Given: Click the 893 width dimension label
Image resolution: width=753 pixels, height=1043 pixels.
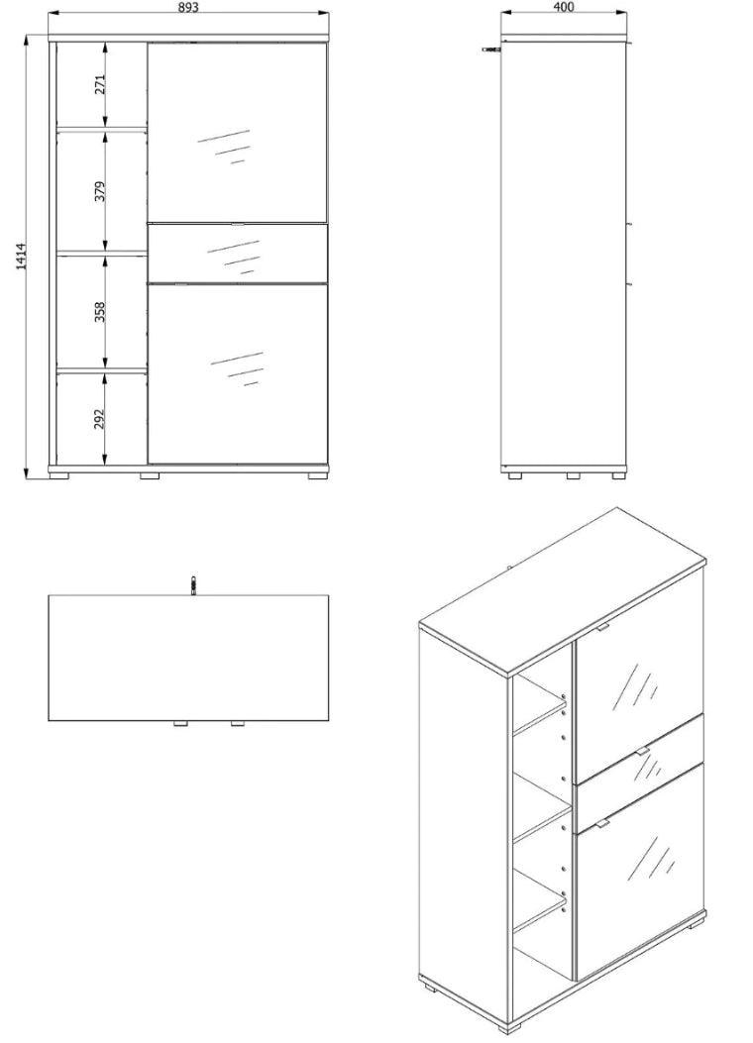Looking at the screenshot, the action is pos(189,7).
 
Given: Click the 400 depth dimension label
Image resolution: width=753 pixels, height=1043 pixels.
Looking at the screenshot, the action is pos(563,7).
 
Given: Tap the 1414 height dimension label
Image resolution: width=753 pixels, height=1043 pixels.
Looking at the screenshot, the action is pos(21,257).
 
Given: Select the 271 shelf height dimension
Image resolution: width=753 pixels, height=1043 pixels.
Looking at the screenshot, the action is pos(100,84).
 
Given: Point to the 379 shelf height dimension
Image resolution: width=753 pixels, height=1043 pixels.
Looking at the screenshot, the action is pos(100,191).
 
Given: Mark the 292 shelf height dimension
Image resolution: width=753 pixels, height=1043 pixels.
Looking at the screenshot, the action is pos(100,418).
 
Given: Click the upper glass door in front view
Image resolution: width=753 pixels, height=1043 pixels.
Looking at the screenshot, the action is pos(238,133).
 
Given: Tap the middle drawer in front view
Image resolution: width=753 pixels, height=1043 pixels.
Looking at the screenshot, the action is pos(238,254).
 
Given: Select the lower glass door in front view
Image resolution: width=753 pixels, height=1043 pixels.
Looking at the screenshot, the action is pos(238,373).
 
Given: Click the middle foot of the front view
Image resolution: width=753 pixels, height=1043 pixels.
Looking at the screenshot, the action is pos(150,475).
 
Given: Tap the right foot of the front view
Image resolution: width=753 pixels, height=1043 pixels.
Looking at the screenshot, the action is pos(318,475).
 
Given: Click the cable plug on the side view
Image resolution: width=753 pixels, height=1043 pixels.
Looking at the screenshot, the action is pos(492,49).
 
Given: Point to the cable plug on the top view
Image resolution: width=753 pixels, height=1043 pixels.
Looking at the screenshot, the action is pos(192,585).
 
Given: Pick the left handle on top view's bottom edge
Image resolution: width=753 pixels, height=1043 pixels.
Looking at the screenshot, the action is pos(179,724).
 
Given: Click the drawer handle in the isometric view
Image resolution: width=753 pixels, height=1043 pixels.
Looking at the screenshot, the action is pos(641,751).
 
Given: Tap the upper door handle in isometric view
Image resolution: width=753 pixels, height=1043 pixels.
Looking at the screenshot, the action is pos(602,627).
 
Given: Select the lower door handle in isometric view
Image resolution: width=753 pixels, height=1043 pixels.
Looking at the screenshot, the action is pos(602,824).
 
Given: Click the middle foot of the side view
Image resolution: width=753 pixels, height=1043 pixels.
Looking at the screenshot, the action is pos(573,475).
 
